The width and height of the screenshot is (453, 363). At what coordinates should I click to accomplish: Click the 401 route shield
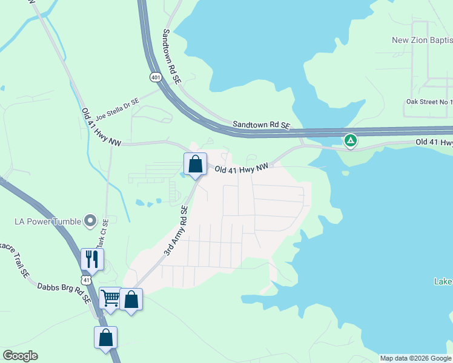(156, 77)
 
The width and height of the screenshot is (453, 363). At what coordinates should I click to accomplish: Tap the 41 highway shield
(87, 280)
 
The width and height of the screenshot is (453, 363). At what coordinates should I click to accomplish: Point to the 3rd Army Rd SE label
(176, 231)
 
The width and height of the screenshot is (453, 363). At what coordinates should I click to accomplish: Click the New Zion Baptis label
(422, 41)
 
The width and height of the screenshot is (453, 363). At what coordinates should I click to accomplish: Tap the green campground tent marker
(350, 141)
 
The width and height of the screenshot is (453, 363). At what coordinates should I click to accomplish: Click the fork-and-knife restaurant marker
(92, 259)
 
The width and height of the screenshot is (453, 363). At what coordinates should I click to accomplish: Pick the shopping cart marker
(110, 298)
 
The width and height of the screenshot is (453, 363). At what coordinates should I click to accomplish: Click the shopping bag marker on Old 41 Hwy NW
(195, 164)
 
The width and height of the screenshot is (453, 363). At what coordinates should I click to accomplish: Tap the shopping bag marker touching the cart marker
(131, 299)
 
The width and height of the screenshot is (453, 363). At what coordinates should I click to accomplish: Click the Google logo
(20, 356)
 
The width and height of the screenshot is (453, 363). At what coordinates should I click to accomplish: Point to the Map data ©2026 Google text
(415, 358)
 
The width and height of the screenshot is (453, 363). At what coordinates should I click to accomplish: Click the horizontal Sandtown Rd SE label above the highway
(262, 125)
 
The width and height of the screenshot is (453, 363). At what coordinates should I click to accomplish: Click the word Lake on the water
(443, 281)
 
